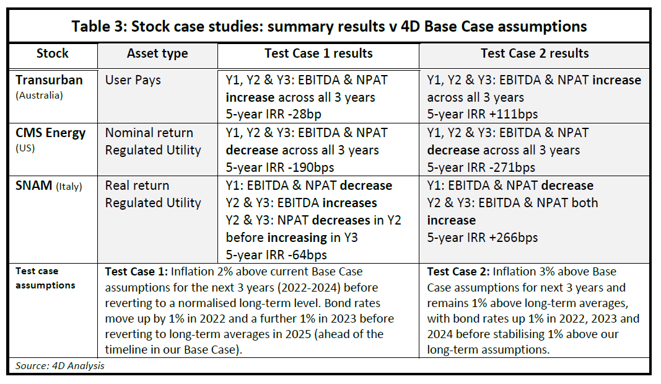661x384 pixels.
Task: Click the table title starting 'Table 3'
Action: (329, 27)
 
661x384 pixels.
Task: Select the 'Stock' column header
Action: (52, 53)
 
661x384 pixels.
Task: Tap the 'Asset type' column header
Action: (157, 54)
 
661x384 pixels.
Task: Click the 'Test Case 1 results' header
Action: (318, 53)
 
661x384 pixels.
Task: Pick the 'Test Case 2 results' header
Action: (535, 53)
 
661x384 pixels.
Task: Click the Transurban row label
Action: (50, 80)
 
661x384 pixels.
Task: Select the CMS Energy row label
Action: (51, 133)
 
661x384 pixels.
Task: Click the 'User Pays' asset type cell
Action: (133, 80)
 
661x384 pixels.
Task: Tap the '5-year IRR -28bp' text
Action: (273, 114)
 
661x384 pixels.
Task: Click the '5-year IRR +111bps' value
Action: (482, 114)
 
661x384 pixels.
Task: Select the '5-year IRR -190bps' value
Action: (279, 167)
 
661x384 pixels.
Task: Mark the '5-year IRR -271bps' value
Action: (481, 167)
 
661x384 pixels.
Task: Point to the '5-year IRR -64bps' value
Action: (276, 255)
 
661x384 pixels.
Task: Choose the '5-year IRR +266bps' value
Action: (482, 238)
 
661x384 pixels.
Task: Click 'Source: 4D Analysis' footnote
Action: (60, 366)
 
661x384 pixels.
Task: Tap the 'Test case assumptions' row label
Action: (45, 278)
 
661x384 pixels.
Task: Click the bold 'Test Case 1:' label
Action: (136, 272)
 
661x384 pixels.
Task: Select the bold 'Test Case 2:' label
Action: (458, 272)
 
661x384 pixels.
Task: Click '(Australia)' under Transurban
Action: (39, 96)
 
